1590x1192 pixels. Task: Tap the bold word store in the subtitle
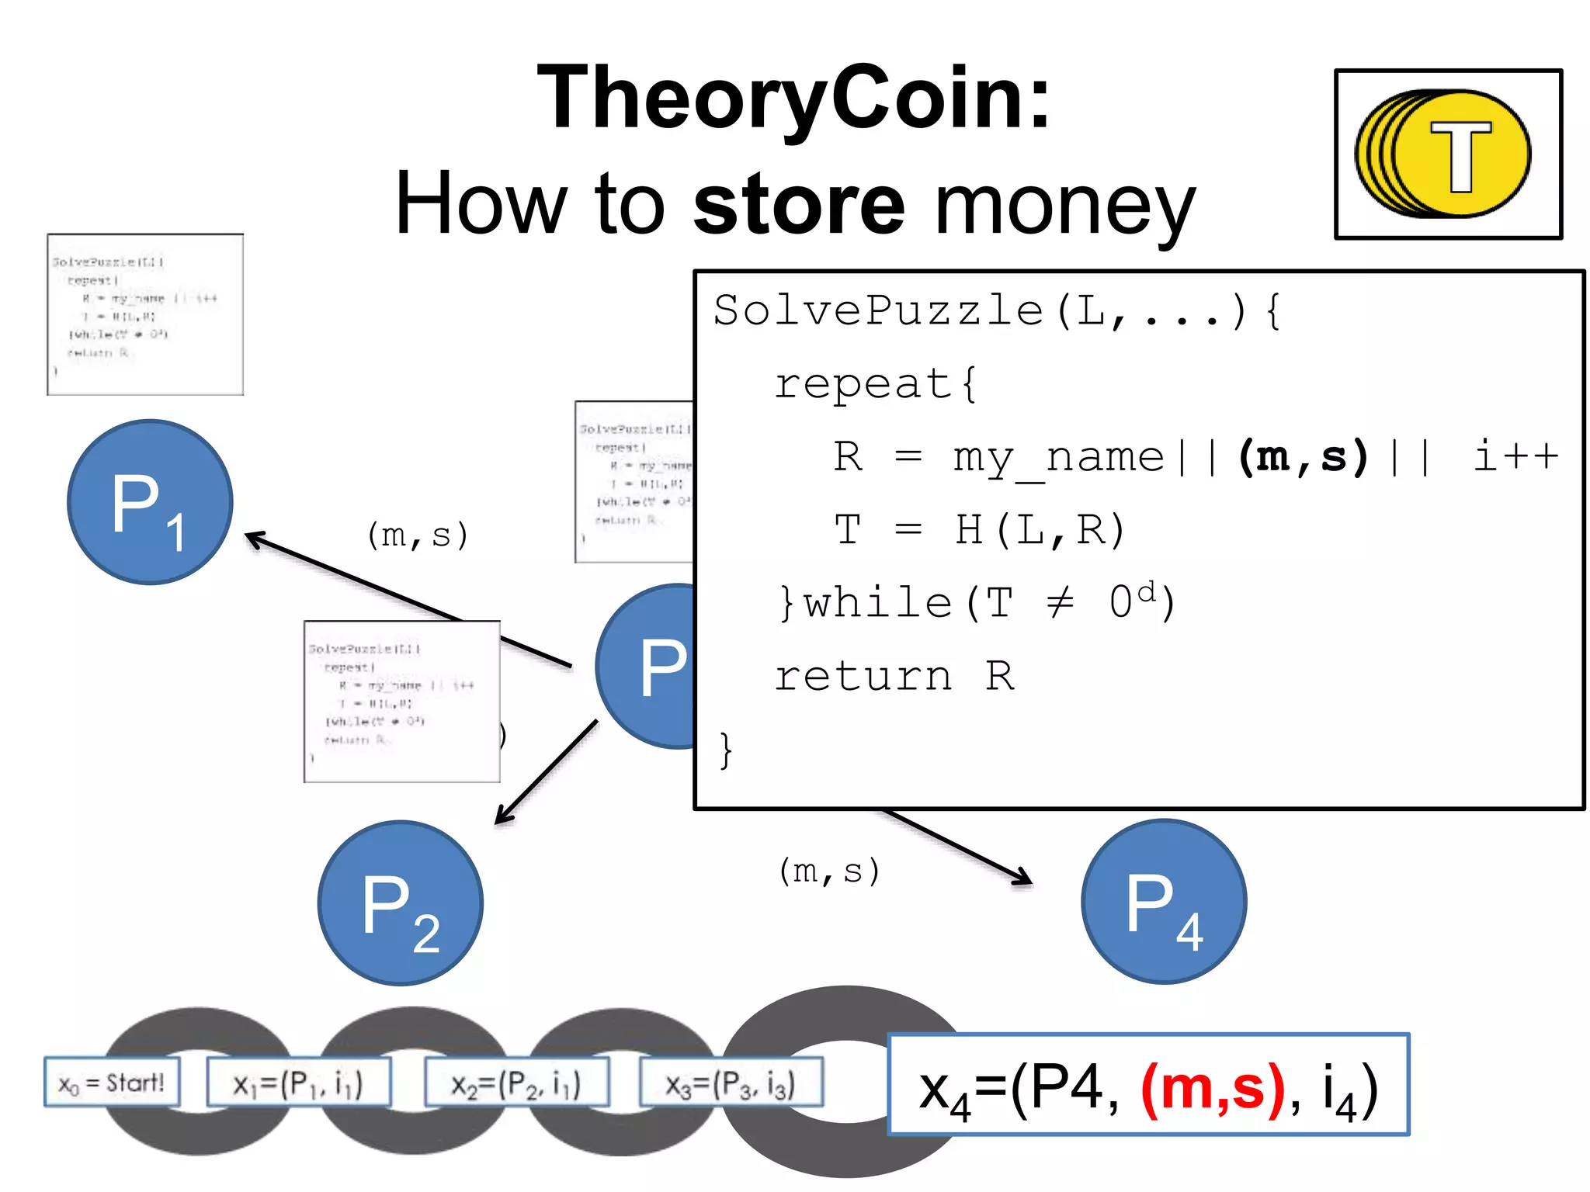coord(799,204)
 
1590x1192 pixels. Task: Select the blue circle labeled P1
coord(150,502)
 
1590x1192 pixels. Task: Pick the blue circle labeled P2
coord(400,903)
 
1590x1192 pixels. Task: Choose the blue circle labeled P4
coord(1163,902)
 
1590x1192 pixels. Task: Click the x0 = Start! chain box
coord(112,1082)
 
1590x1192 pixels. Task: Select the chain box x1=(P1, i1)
coord(298,1083)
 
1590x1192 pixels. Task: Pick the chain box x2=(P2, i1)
coord(516,1083)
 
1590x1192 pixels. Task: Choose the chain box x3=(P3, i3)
coord(731,1083)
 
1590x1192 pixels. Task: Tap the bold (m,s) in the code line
coord(1304,456)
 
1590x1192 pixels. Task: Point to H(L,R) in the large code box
coord(1040,530)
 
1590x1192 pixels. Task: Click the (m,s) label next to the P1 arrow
coord(418,535)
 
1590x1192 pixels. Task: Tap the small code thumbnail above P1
coord(145,314)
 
